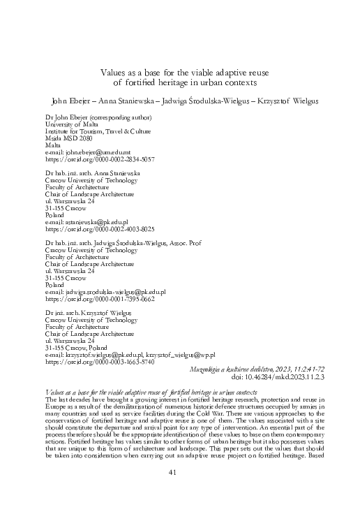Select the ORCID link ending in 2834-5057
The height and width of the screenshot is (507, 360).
100,159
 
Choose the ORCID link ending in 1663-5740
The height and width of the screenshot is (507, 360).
100,362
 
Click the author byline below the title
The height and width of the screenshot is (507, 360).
180,101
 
